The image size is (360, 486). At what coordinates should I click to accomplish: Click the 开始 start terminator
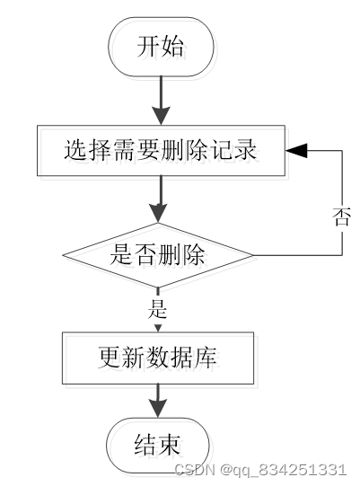tap(161, 47)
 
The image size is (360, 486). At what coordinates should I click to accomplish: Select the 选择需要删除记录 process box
tap(161, 151)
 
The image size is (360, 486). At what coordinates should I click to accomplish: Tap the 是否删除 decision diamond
tap(158, 255)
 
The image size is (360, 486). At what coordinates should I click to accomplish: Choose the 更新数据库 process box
tap(158, 358)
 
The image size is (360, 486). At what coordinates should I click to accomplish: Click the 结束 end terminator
tap(158, 446)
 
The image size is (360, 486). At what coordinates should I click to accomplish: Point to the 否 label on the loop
tap(342, 216)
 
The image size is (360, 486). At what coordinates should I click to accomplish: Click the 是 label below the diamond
tap(158, 309)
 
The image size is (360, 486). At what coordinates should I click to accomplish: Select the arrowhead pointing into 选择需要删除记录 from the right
tap(296, 151)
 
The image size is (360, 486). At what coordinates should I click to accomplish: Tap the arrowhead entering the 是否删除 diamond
tap(158, 213)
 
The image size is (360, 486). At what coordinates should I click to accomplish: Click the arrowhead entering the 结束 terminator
tap(158, 408)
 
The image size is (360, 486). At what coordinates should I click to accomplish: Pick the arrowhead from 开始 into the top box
tap(161, 116)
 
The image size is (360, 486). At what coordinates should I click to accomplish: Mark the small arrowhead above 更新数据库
tap(158, 328)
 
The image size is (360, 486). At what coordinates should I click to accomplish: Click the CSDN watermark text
tap(195, 470)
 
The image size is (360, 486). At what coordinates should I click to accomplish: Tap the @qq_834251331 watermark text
tap(283, 470)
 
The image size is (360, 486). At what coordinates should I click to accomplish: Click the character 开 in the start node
tap(148, 47)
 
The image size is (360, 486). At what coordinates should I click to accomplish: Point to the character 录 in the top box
tap(246, 150)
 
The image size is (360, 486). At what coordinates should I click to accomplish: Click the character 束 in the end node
tap(170, 445)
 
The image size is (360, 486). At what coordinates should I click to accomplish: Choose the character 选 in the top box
tap(75, 150)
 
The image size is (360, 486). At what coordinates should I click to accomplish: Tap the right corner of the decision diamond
tap(253, 255)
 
